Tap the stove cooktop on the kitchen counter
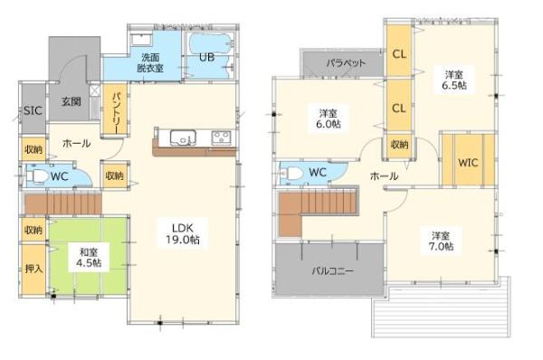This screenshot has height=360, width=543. coord(221,138)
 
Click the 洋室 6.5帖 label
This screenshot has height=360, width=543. coord(454,79)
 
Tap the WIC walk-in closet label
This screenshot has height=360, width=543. coord(468,163)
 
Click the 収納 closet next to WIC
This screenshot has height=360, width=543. coord(399,145)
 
